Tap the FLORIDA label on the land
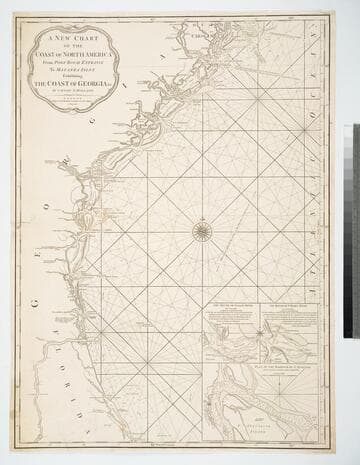coord(53,344)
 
